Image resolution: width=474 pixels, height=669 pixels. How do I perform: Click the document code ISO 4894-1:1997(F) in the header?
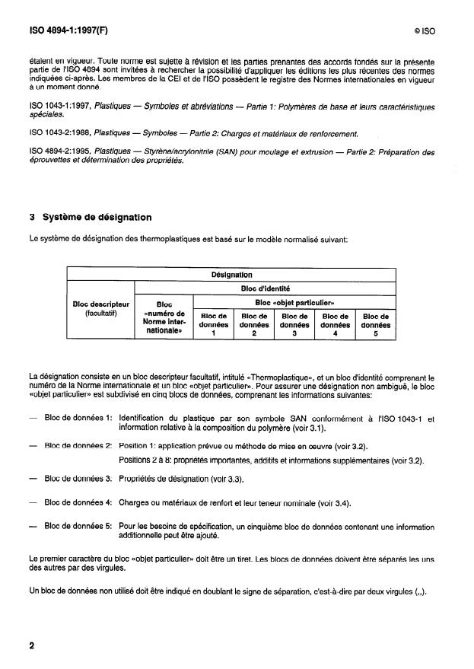pos(69,33)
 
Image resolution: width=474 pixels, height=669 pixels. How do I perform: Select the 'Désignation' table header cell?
pos(232,275)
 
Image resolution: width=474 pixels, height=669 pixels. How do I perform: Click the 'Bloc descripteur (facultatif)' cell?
pos(101,308)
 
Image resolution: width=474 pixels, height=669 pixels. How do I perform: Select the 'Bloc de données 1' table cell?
pos(214,324)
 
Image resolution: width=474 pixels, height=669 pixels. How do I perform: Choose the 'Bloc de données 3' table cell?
pos(294,324)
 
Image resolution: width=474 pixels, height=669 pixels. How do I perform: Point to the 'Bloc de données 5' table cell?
pos(376,324)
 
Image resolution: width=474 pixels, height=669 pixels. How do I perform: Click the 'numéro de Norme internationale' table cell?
pos(164,321)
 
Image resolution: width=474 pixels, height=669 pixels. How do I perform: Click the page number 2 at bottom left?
pos(32,646)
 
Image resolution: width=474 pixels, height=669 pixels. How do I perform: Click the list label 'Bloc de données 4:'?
pos(78,502)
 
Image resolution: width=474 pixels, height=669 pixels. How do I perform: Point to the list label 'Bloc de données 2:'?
pos(78,445)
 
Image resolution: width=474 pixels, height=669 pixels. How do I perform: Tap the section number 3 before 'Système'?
pos(32,218)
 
